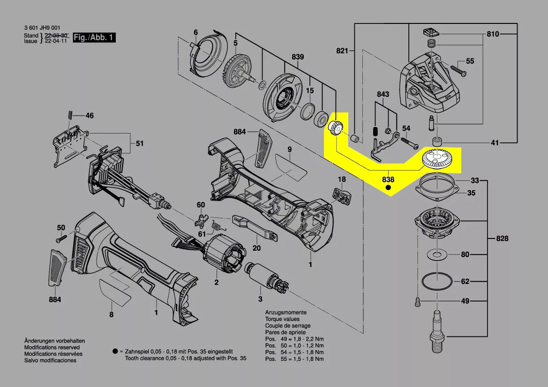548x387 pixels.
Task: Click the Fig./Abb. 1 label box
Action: [x=94, y=37]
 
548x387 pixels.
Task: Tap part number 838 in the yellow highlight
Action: [x=388, y=179]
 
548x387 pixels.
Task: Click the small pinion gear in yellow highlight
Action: [x=337, y=128]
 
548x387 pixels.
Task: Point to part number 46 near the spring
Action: [x=89, y=115]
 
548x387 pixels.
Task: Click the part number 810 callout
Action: [x=493, y=34]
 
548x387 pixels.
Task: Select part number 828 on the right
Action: [x=502, y=239]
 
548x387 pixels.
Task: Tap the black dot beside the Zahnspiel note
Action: [x=115, y=351]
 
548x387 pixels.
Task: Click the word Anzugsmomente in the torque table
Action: [x=286, y=312]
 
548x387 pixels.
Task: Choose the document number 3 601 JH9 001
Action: [x=42, y=29]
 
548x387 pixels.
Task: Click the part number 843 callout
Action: [x=383, y=94]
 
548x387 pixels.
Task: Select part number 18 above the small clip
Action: [x=342, y=179]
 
